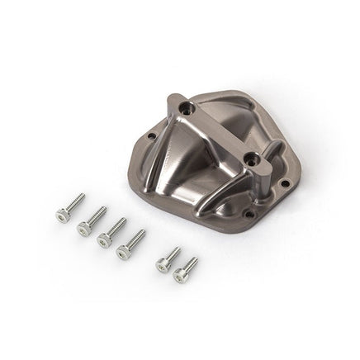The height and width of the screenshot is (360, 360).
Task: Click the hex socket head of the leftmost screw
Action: pos(62,216)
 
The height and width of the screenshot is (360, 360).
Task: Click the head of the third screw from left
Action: pos(104,239)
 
